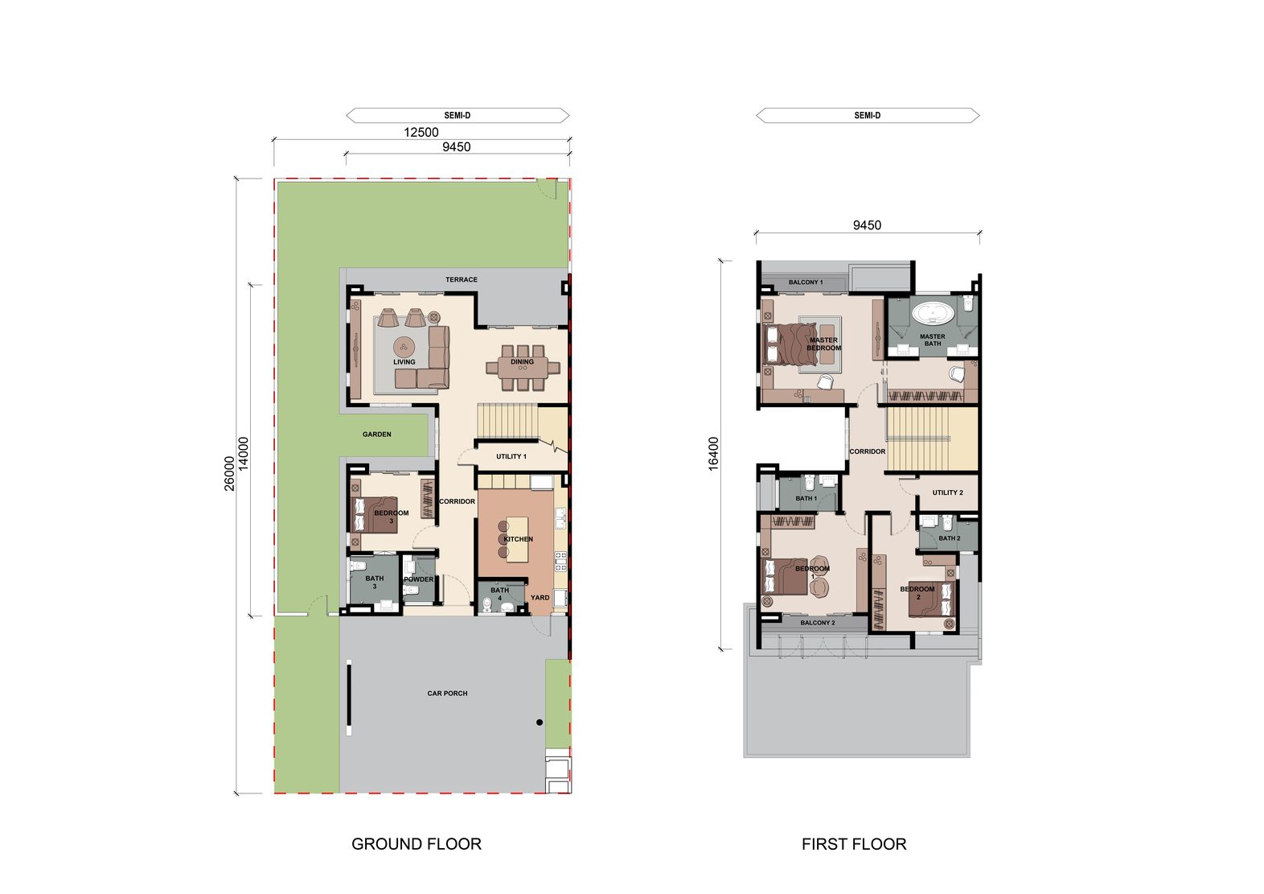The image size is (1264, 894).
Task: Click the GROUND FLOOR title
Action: (x=417, y=844)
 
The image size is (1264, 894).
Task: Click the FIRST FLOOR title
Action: (x=854, y=844)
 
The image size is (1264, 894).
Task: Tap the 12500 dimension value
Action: (x=421, y=132)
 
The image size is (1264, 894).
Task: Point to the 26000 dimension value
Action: (x=229, y=473)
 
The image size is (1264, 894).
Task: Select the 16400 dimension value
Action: (x=713, y=454)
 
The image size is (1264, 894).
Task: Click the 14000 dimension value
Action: (x=243, y=454)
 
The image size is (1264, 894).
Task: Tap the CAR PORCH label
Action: (x=447, y=693)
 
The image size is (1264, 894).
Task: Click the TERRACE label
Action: (x=461, y=279)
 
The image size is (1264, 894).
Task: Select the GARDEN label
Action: (x=376, y=435)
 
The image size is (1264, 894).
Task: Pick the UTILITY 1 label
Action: (x=511, y=456)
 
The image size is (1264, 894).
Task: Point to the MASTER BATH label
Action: (x=932, y=340)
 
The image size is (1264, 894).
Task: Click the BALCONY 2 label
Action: (x=817, y=622)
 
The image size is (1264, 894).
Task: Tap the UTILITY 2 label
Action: (x=947, y=492)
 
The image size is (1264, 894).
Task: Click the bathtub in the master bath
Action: (x=933, y=313)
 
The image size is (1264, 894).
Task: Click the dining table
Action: (x=523, y=368)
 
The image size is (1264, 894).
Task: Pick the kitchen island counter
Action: (x=517, y=539)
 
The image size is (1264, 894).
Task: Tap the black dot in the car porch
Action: (x=540, y=723)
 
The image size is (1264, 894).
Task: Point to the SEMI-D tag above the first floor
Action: (x=868, y=115)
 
